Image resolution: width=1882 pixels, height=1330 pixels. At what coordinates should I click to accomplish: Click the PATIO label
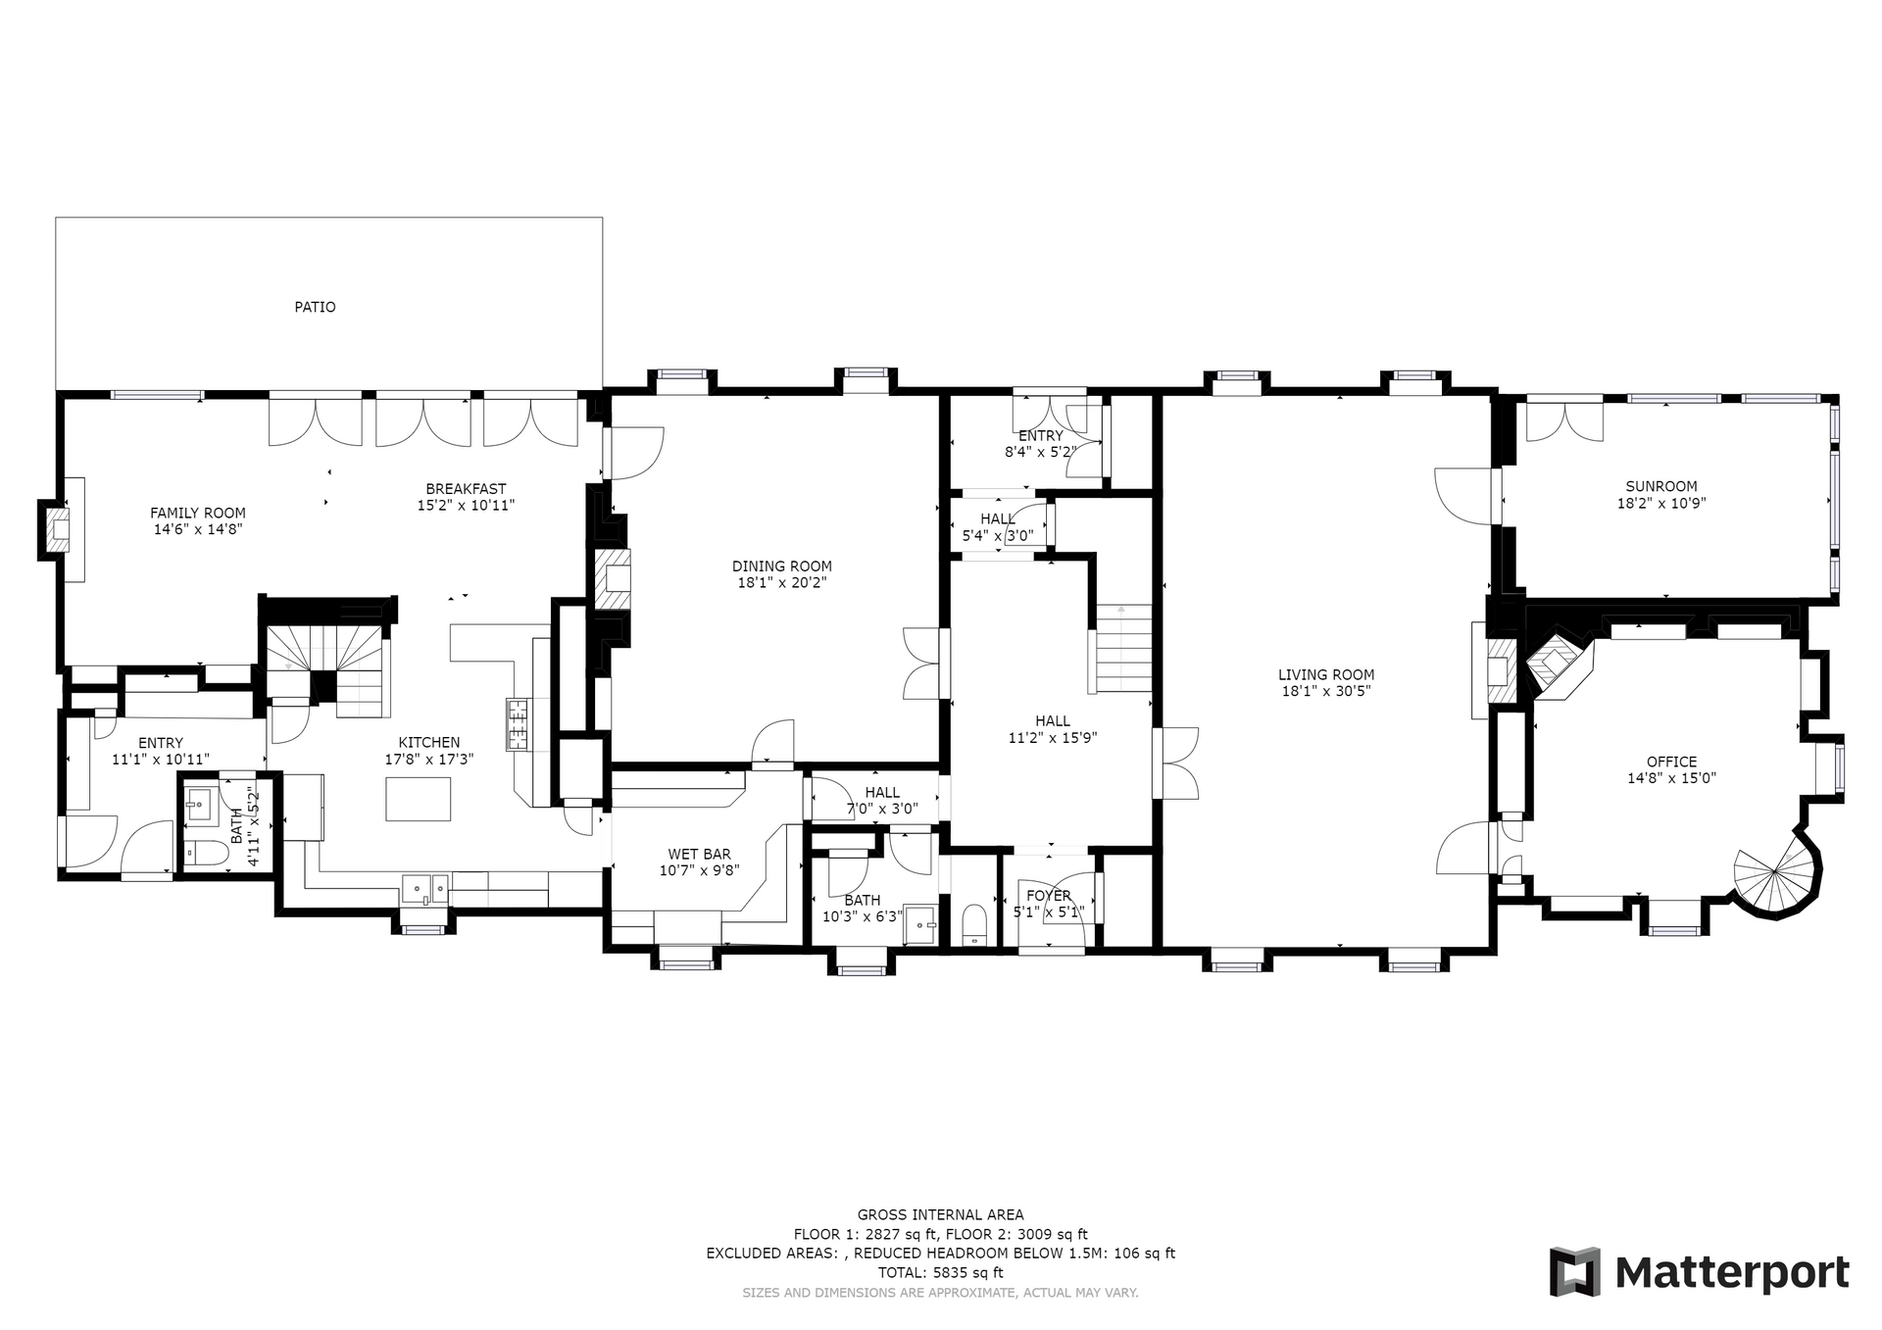coord(315,307)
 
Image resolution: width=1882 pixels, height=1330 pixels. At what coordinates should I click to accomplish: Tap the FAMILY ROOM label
coord(197,513)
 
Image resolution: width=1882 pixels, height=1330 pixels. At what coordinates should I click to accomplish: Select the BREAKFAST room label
coord(466,489)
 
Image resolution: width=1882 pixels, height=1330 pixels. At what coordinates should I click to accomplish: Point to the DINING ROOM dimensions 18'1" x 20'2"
coord(782,582)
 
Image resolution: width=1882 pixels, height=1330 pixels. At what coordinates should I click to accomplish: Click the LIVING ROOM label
coord(1326,674)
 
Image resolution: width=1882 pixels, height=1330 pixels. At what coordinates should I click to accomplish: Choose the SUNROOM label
coord(1661,486)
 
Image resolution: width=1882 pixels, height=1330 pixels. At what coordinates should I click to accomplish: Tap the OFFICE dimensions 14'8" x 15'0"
coord(1671,778)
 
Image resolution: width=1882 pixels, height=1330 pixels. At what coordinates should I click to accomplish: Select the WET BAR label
coord(699,855)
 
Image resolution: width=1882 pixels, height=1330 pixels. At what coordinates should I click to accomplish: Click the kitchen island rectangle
coord(419,798)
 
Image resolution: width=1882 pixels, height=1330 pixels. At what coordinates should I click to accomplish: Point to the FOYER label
coord(1049,896)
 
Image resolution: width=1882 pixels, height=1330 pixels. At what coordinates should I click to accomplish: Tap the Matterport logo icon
coord(1574,1272)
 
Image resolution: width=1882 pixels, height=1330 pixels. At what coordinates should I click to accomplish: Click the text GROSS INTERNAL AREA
coord(940,1215)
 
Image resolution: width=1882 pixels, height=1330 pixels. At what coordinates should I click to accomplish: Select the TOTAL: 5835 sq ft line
coord(940,1273)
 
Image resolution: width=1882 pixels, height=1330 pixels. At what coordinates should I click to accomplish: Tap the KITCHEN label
coord(428,743)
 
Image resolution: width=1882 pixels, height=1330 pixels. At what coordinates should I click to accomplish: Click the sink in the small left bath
coord(200,805)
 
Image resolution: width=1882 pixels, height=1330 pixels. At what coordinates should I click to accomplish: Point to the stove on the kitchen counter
coord(518,724)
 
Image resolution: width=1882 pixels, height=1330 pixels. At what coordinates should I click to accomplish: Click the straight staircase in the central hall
coord(1123,648)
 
